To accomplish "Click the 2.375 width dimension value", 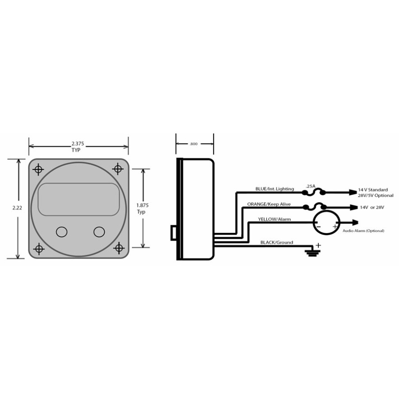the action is pyautogui.click(x=78, y=144).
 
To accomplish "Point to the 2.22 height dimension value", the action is pyautogui.click(x=17, y=207).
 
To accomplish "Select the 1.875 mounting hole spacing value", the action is pyautogui.click(x=142, y=205).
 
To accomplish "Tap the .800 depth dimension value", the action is pyautogui.click(x=194, y=144).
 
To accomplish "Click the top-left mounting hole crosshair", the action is pyautogui.click(x=38, y=169).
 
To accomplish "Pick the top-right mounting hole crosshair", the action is pyautogui.click(x=117, y=168).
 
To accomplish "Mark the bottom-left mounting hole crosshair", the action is pyautogui.click(x=39, y=249).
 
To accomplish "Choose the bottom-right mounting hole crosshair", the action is pyautogui.click(x=118, y=248).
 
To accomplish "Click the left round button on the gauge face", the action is pyautogui.click(x=62, y=232).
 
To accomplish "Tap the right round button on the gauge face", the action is pyautogui.click(x=99, y=232).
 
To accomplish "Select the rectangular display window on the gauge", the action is pyautogui.click(x=78, y=199).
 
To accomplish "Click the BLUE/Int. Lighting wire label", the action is pyautogui.click(x=274, y=189).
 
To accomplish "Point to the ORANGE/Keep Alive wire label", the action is pyautogui.click(x=269, y=204).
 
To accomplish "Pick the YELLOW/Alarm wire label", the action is pyautogui.click(x=274, y=219).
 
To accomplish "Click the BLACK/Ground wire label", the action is pyautogui.click(x=277, y=242).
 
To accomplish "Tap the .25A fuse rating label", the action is pyautogui.click(x=310, y=186).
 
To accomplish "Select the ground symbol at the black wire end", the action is pyautogui.click(x=313, y=252).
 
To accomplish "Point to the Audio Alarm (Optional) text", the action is pyautogui.click(x=364, y=231).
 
